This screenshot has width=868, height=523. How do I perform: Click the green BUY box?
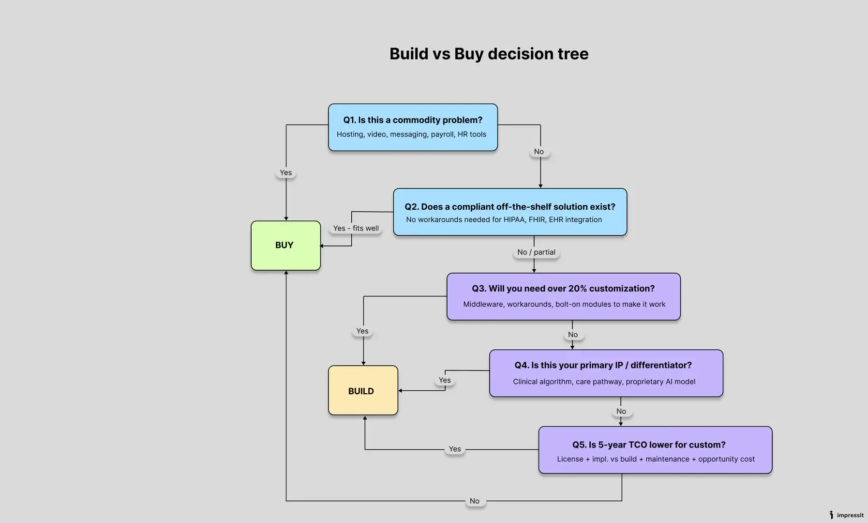pos(285,246)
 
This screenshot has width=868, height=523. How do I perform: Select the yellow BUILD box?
pos(363,391)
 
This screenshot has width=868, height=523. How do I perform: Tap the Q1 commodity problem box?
pos(413,127)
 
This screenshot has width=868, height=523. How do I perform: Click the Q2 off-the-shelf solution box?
pos(510,212)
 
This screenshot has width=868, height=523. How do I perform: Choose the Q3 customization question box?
pos(563,296)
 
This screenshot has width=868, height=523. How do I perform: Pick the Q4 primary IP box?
pos(606,373)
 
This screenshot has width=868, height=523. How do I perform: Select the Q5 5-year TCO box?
pos(655,450)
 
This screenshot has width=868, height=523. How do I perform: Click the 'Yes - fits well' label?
pos(356,229)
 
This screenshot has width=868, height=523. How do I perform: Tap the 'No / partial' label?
pos(536,252)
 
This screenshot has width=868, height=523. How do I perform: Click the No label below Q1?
pos(539,152)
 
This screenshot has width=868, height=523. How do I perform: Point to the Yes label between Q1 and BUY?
pos(285,173)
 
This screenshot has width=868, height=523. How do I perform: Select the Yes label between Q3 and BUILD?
pos(362,331)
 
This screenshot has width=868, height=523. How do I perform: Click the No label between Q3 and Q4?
pos(573,335)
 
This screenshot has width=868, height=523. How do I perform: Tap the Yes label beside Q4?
pos(445,381)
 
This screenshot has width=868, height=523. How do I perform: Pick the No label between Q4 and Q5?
pos(621,412)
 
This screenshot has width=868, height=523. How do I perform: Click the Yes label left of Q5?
pos(455,449)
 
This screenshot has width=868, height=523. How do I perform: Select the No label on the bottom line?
pos(475,501)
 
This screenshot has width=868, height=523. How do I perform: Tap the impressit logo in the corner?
pos(846,515)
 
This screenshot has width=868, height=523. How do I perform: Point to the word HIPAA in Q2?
pos(514,220)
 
